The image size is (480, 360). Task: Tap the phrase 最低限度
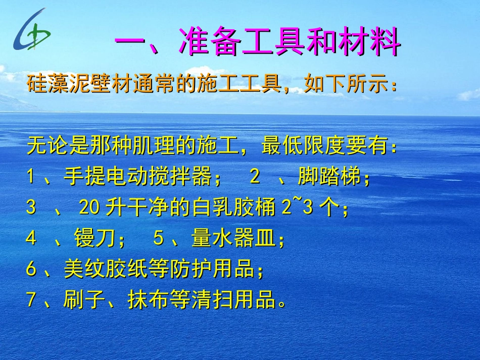point(303,147)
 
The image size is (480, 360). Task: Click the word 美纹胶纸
point(106,269)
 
